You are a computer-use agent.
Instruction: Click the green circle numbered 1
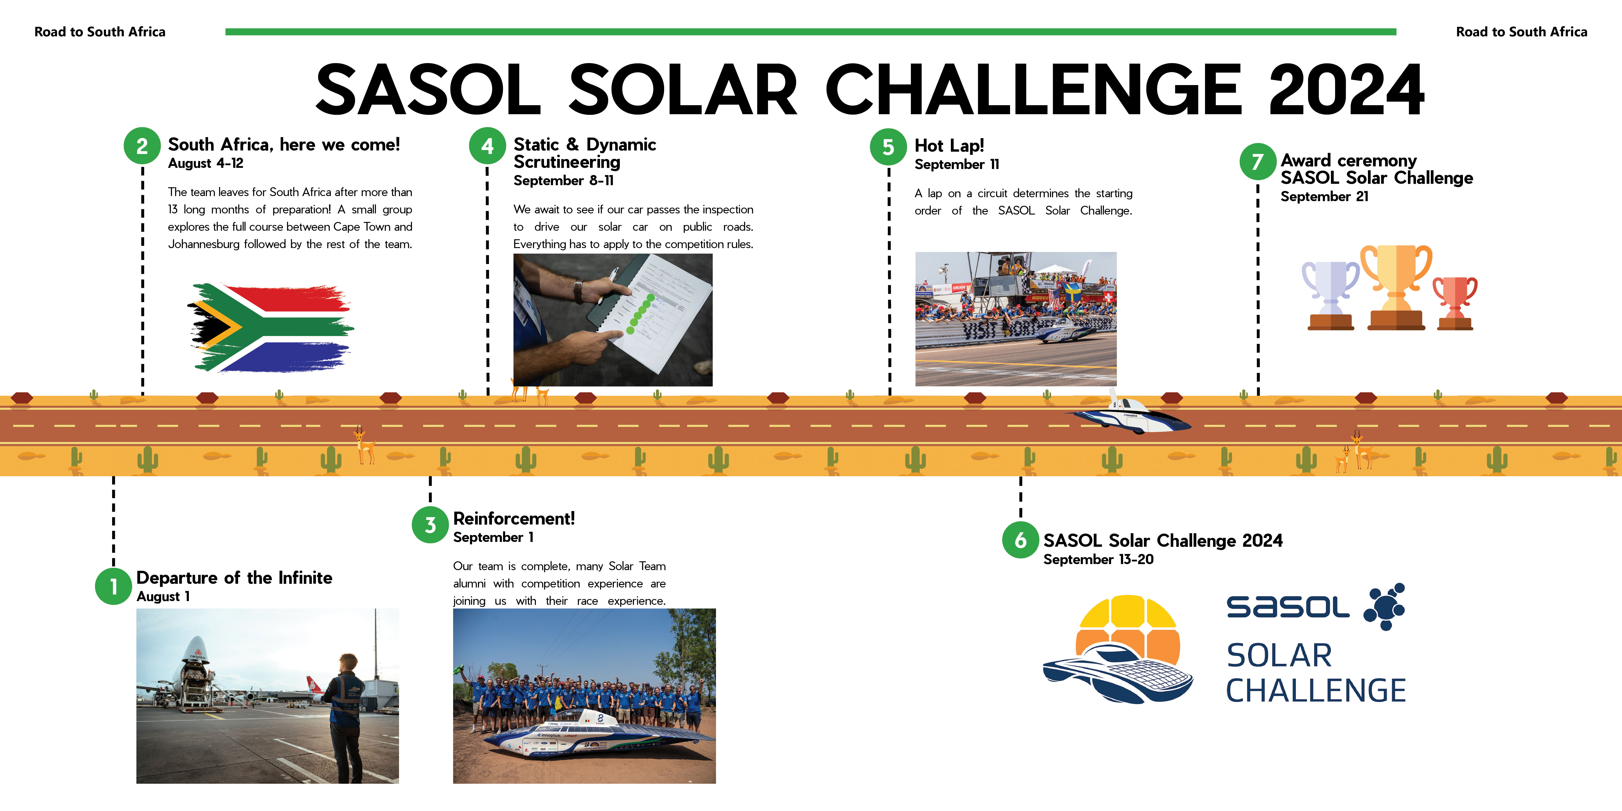click(113, 586)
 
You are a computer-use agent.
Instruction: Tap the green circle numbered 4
click(487, 146)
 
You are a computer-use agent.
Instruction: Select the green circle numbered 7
click(1257, 162)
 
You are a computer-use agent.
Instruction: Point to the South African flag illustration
click(271, 327)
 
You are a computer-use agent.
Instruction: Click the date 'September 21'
click(1324, 197)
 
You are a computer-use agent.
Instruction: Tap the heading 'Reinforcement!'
click(514, 519)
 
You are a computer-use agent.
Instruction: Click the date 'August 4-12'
click(206, 163)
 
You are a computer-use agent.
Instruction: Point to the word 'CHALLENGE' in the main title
click(1033, 89)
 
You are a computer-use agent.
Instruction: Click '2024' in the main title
click(1346, 89)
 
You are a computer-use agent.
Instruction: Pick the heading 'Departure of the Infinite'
click(234, 578)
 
